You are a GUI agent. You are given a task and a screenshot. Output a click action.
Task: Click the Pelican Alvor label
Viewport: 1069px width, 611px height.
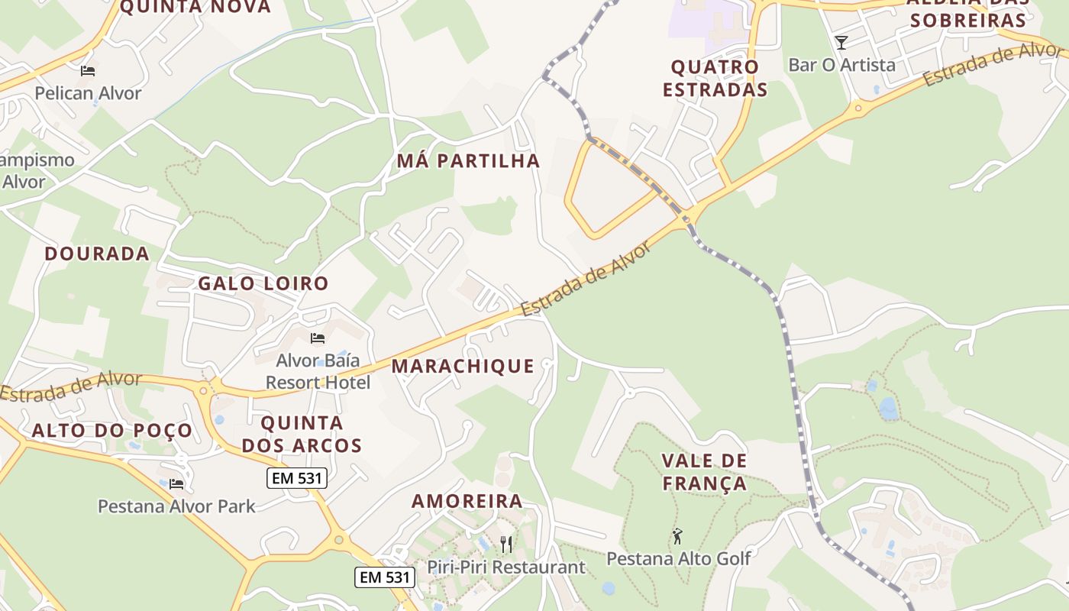point(88,93)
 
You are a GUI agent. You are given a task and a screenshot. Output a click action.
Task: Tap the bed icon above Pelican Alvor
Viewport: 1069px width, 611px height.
point(88,71)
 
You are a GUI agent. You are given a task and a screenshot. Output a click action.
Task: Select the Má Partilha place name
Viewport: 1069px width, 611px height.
point(468,161)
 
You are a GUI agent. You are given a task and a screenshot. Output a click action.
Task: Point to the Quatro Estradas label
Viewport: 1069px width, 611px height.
point(715,78)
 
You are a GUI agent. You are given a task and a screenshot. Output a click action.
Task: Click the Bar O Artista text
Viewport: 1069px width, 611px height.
point(841,65)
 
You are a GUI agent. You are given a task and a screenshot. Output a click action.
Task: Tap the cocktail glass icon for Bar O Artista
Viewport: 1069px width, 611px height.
point(841,43)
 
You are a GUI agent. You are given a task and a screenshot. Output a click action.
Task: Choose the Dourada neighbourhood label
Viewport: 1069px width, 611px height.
point(97,254)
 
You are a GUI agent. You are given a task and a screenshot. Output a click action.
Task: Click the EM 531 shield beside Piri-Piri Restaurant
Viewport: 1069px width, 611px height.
point(384,577)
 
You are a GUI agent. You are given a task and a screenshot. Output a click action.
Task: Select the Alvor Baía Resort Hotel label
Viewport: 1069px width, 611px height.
point(318,370)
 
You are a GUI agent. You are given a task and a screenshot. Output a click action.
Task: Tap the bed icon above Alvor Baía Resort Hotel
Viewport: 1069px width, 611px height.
point(318,338)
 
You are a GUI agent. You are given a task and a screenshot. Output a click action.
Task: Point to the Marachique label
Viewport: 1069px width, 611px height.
point(463,366)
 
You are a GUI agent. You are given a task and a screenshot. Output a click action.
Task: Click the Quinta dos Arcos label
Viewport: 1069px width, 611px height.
point(302,434)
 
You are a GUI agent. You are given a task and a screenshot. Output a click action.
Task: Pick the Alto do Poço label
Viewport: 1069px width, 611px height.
point(112,430)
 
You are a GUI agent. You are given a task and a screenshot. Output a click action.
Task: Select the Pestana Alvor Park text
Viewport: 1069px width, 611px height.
point(176,506)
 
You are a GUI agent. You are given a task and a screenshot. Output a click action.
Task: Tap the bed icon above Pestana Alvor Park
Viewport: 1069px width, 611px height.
point(176,483)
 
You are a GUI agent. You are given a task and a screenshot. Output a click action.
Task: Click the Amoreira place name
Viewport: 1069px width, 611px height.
point(467,501)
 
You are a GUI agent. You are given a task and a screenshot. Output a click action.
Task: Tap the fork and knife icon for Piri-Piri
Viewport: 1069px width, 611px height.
point(505,544)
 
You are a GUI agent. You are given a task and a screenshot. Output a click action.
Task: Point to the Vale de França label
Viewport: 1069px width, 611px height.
point(704,472)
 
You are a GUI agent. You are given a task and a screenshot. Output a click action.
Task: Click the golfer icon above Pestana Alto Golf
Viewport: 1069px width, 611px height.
point(677,537)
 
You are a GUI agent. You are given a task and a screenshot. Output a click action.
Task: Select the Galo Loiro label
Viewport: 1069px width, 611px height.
point(263,283)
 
